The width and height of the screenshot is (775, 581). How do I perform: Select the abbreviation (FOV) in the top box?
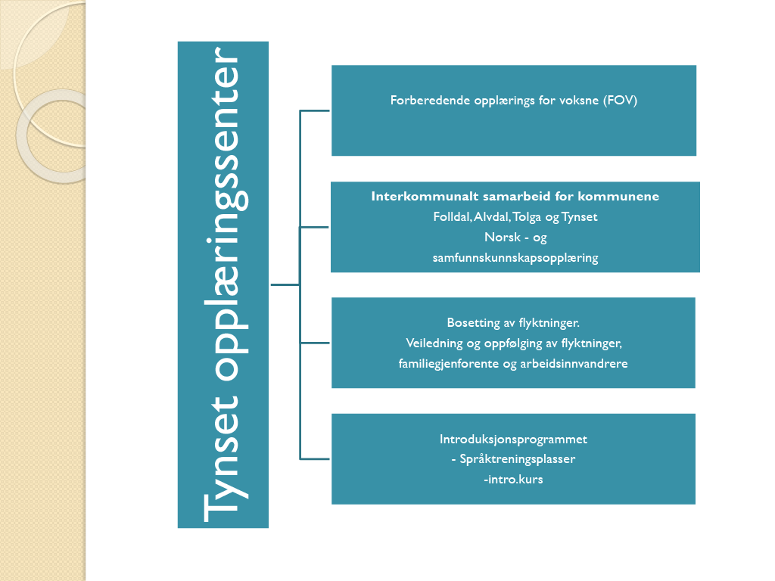[x=621, y=101]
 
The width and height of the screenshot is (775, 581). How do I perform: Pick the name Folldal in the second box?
[x=452, y=217]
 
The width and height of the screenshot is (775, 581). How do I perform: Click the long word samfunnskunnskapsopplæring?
[x=515, y=258]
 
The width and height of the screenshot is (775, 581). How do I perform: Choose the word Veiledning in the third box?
[x=434, y=343]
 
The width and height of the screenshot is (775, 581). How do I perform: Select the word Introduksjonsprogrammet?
[x=514, y=440]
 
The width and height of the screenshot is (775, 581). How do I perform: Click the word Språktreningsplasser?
[x=518, y=459]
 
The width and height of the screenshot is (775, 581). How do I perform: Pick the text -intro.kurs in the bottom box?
[x=514, y=479]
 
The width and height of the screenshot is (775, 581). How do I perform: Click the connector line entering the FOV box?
[x=314, y=110]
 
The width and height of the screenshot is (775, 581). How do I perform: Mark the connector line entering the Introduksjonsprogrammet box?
[x=314, y=459]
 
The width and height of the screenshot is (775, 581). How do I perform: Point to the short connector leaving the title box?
[x=285, y=285]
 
